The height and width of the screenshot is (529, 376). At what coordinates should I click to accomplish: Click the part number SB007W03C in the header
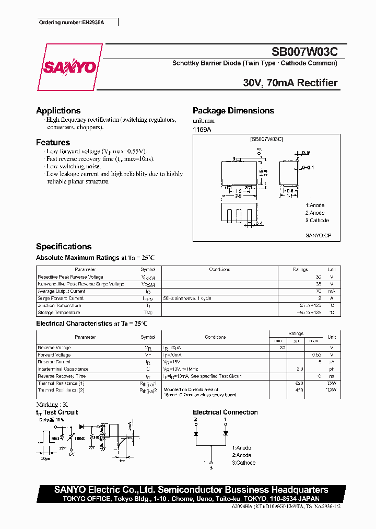tap(304, 52)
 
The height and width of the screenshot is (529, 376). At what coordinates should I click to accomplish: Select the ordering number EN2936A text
tap(77, 23)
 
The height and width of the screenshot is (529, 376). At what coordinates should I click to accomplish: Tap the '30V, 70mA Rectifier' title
tap(290, 83)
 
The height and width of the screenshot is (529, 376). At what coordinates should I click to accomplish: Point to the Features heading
tap(53, 142)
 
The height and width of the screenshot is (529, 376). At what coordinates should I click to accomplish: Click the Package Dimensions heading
tap(233, 111)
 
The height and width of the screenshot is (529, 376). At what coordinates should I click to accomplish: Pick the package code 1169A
tap(202, 129)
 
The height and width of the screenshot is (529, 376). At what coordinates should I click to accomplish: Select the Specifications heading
tap(64, 247)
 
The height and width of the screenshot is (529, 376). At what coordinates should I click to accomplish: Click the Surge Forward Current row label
tap(61, 298)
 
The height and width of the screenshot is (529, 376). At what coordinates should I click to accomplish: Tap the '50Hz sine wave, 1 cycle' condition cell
tap(187, 298)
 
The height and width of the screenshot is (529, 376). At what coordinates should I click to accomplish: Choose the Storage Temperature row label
tap(59, 313)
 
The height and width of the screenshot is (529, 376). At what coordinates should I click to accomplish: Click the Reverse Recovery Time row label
tap(62, 376)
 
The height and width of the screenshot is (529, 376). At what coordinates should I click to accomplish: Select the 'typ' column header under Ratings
tap(296, 341)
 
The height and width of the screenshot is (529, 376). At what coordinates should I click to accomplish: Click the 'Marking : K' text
tap(52, 405)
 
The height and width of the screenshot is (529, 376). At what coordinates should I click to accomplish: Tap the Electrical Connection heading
tap(225, 412)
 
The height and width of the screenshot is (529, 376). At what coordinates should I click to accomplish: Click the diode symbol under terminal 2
tap(196, 433)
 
